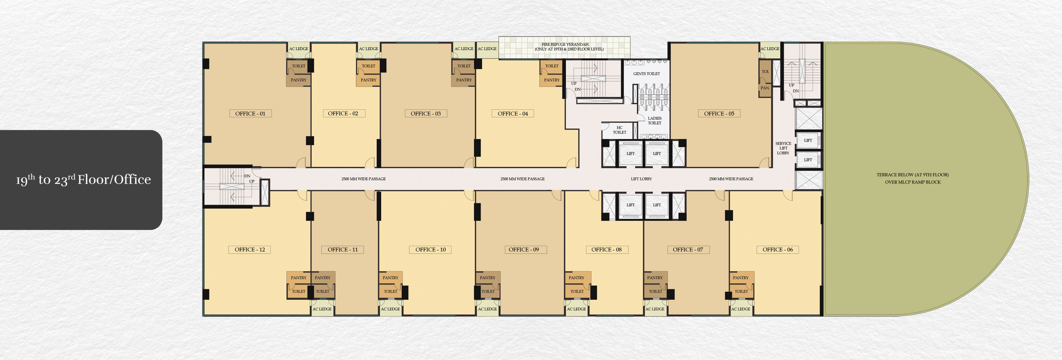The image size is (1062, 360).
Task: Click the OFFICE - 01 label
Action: (x=250, y=113)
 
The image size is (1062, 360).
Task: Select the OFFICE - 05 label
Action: (x=719, y=113)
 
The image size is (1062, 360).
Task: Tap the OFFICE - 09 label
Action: (x=524, y=250)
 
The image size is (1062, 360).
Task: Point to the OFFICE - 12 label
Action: (x=250, y=250)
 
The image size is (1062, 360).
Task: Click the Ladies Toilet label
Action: (x=654, y=120)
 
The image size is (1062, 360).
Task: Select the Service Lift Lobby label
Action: (x=783, y=148)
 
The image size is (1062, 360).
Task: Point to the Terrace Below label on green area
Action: (x=912, y=178)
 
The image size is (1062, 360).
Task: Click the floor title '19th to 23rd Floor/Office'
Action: (x=83, y=179)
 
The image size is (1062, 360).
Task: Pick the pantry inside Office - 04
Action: (x=551, y=80)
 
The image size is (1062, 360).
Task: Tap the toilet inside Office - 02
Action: (x=368, y=66)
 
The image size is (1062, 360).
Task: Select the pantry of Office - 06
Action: (x=741, y=278)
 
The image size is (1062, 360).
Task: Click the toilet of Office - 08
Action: (x=577, y=291)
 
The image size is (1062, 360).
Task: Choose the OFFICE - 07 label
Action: (x=688, y=250)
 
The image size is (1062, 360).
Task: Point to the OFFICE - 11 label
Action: (x=343, y=250)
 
